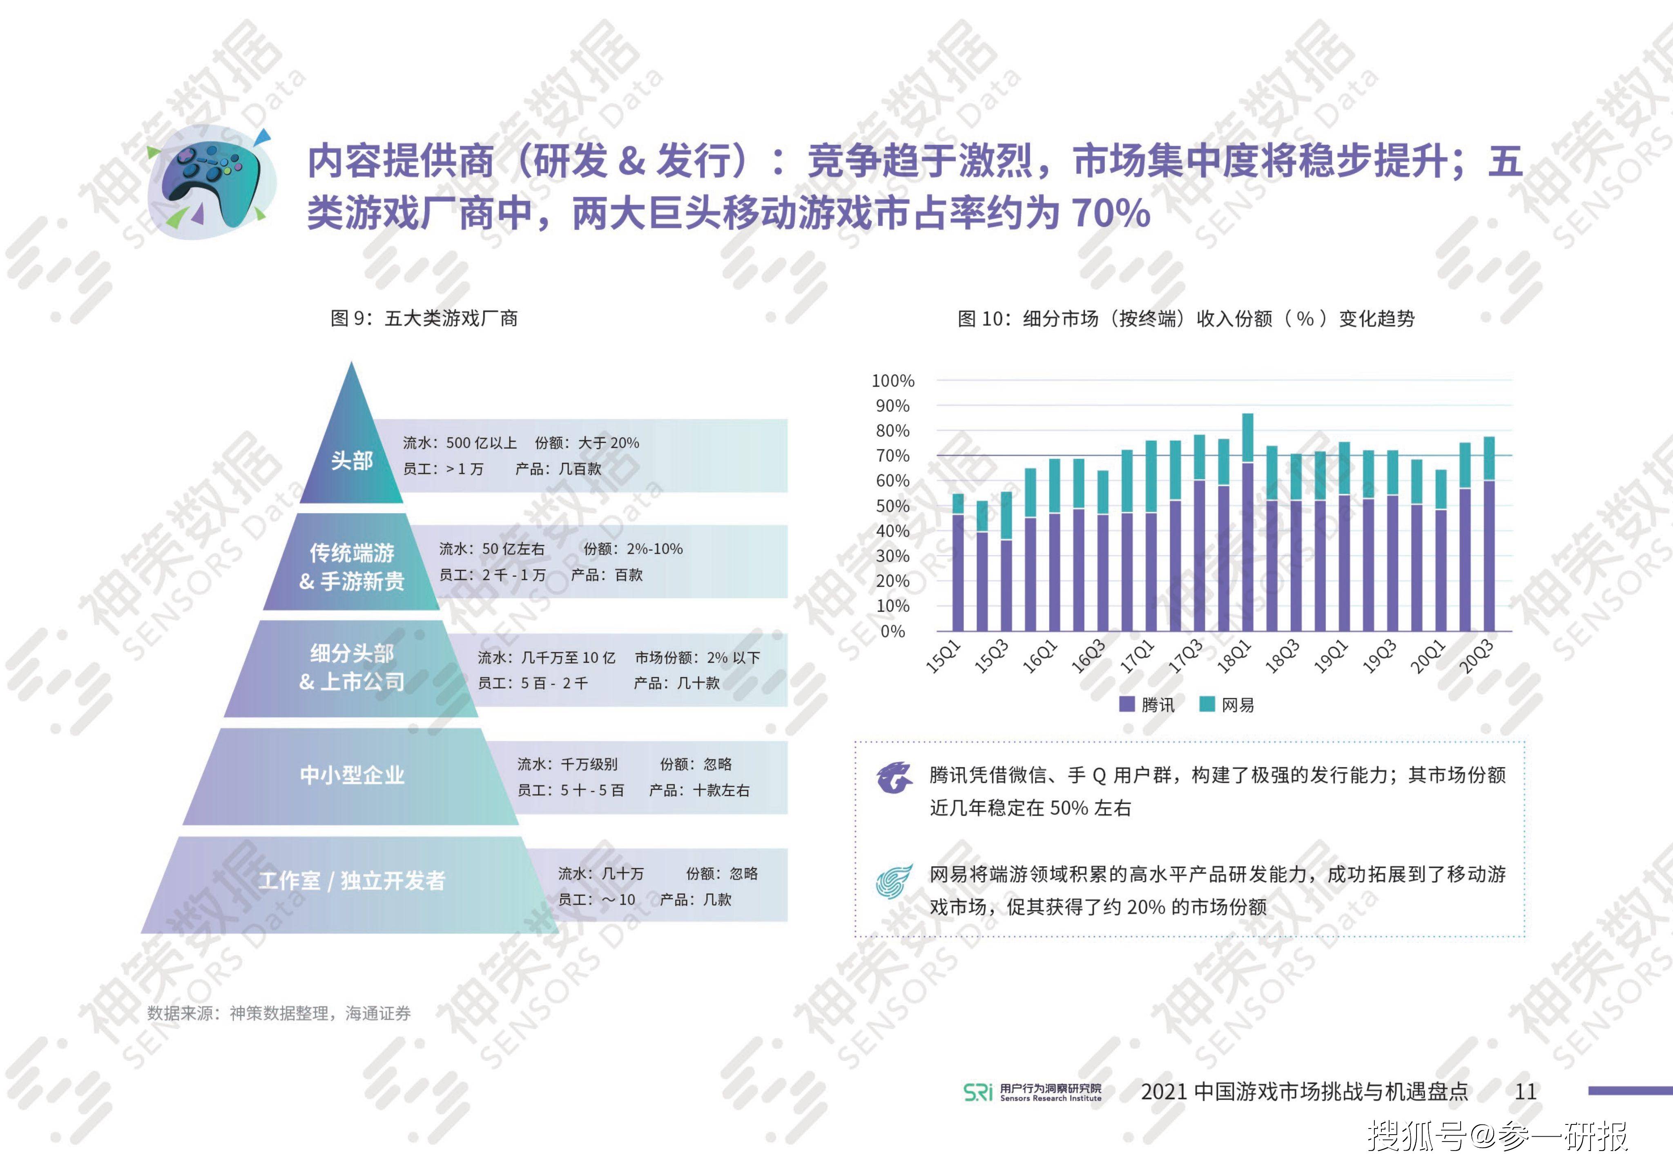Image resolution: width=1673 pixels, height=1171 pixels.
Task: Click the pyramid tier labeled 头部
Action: coord(352,460)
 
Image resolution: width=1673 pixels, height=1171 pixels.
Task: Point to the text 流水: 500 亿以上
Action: coord(460,443)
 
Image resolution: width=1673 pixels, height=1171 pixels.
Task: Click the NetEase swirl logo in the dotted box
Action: coord(894,882)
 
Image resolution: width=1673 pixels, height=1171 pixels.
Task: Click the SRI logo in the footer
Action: coord(978,1092)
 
